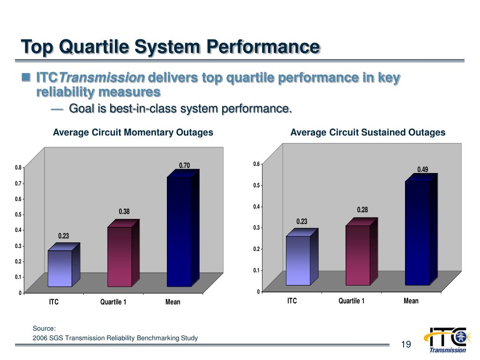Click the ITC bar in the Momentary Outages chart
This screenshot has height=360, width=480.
(60, 268)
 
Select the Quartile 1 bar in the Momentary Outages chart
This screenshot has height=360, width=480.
(120, 256)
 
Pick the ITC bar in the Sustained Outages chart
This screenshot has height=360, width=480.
(298, 261)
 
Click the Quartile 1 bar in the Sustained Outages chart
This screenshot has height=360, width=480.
(358, 255)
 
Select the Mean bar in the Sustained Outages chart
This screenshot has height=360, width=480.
(417, 233)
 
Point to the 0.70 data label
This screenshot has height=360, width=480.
(184, 165)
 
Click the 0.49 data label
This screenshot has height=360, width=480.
(423, 169)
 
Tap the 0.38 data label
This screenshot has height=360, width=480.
(124, 212)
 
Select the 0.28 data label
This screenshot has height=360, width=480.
(362, 210)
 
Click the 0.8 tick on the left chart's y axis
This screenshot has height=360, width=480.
(18, 167)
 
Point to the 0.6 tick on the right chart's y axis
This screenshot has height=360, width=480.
(256, 164)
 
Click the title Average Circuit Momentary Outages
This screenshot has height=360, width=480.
(133, 133)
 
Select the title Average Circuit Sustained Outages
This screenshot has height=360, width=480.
(368, 133)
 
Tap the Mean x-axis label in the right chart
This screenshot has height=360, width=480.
(411, 301)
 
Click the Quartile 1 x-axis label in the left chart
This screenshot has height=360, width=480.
(113, 302)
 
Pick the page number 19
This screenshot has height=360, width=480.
(406, 345)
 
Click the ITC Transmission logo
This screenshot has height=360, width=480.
(445, 339)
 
